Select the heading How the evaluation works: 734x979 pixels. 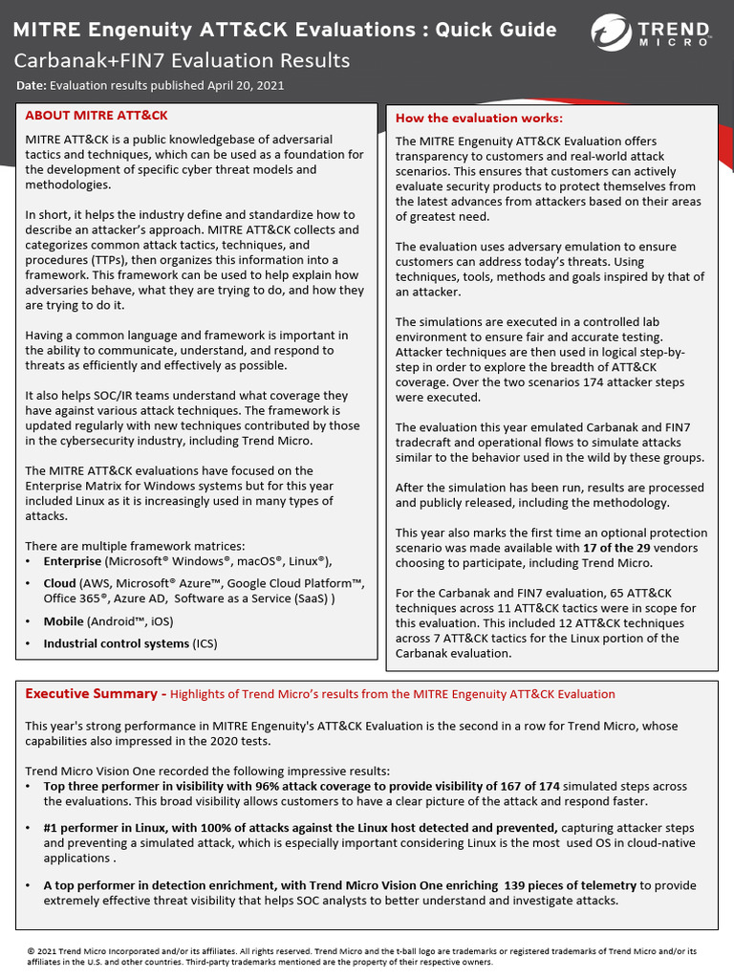coord(479,119)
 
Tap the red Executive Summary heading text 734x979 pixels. coord(91,694)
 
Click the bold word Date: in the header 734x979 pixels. coord(32,86)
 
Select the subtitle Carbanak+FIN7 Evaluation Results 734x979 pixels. coord(182,61)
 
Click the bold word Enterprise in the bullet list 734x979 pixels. coord(73,562)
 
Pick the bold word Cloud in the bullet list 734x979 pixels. coord(60,583)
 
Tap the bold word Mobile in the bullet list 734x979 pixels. coord(64,621)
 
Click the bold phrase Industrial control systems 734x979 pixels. coord(116,643)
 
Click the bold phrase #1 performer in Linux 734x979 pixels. coord(113,828)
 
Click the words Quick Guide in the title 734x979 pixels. coord(496,30)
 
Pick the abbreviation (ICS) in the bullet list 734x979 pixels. coord(205,643)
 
